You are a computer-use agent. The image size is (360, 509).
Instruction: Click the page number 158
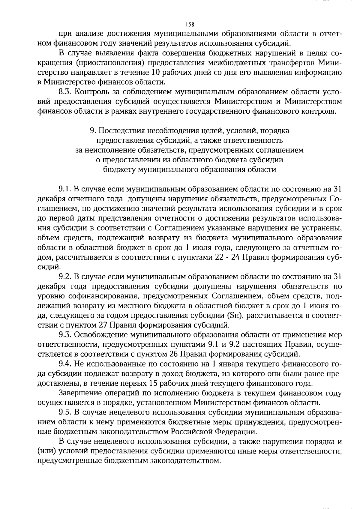coord(190,24)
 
